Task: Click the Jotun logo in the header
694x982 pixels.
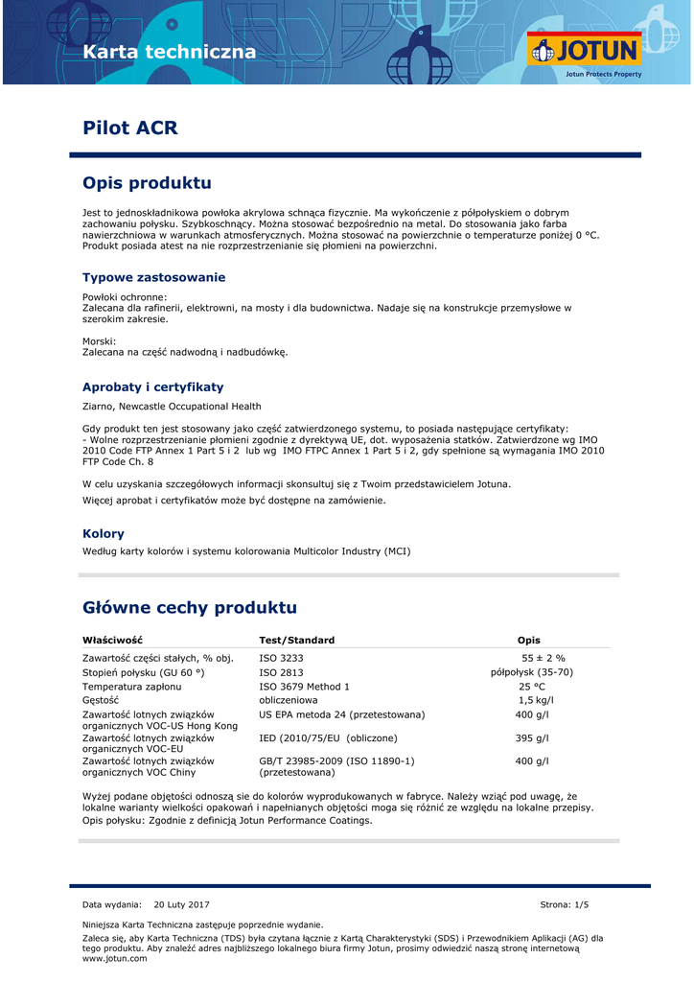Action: coord(584,52)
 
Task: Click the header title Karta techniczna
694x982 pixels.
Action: coord(170,52)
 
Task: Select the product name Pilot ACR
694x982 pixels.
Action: coord(130,128)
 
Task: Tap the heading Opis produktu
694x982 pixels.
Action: coord(147,182)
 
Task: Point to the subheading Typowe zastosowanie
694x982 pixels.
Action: coord(153,277)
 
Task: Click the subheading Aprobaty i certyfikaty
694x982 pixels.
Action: coord(152,386)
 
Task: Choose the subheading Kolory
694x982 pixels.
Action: coord(104,533)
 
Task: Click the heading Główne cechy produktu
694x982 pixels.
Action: coord(190,607)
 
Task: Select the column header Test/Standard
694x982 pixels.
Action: coord(297,640)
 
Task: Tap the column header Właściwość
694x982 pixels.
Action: coord(112,640)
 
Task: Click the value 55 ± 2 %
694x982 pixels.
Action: coord(544,658)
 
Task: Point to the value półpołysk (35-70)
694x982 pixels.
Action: coord(531,672)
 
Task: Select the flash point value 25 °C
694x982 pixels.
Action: coord(532,687)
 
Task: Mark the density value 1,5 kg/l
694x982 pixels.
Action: coord(536,700)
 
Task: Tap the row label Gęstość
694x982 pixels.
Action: coord(101,700)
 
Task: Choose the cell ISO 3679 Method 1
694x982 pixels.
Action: coord(305,687)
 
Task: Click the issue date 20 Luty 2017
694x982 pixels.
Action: coord(181,904)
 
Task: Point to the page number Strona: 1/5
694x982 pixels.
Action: coord(565,904)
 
